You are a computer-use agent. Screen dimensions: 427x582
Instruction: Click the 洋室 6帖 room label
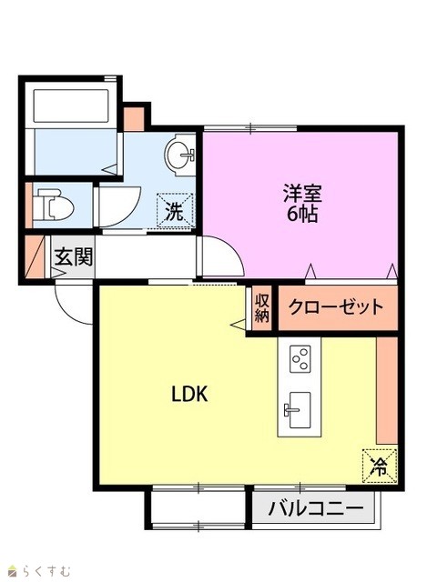tap(302, 203)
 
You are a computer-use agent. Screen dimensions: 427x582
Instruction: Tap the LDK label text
tap(189, 394)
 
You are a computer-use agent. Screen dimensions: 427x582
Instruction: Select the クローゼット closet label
tap(336, 307)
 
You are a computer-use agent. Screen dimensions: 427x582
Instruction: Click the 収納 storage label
tap(261, 307)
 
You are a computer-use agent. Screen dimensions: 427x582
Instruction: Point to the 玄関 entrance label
tap(73, 256)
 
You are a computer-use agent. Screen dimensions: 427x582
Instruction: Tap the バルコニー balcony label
tap(316, 507)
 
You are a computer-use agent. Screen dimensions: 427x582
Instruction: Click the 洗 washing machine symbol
tap(176, 210)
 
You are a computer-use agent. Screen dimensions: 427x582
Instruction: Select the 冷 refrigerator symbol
tap(380, 467)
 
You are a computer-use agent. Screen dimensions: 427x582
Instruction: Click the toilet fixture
tap(53, 205)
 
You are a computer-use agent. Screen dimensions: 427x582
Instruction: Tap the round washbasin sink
tap(180, 155)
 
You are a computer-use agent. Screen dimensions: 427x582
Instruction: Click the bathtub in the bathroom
tap(71, 105)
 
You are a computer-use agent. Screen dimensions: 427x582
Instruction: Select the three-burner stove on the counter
tap(300, 358)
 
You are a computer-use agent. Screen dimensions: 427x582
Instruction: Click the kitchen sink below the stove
tap(300, 410)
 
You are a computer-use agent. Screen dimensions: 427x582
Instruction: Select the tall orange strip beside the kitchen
tap(387, 390)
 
